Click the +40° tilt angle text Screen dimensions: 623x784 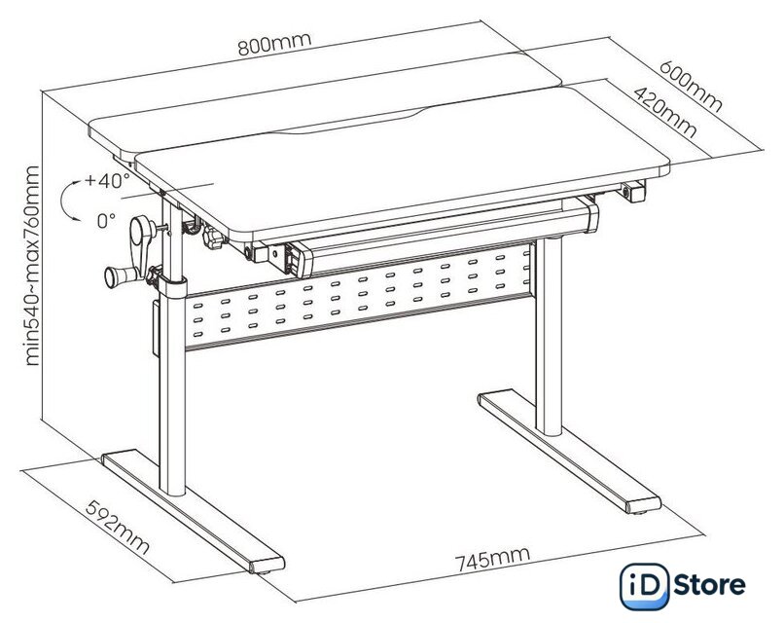coord(107,181)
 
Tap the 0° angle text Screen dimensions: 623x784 coord(106,220)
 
